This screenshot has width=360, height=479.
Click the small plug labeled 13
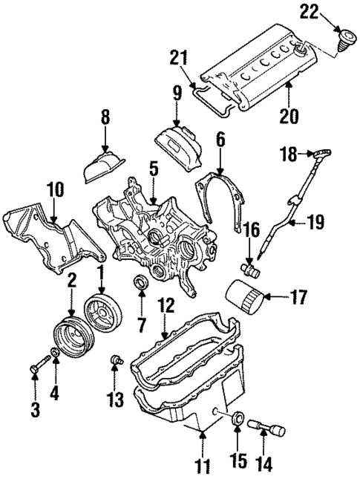point(114,361)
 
